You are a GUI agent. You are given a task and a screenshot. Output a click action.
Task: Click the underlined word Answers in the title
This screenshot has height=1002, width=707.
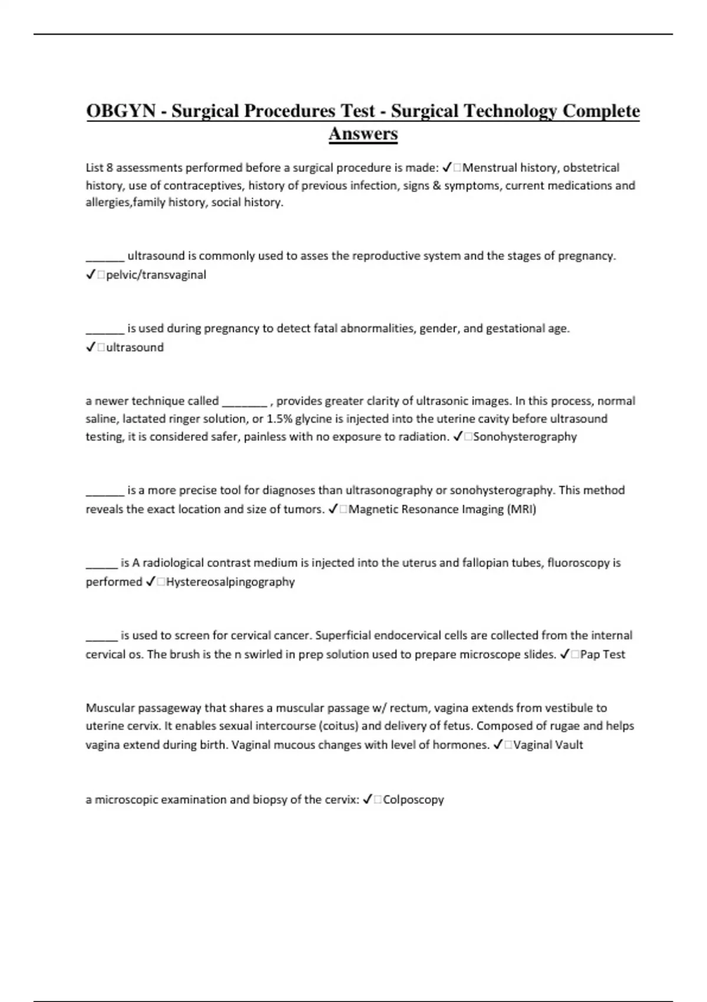point(363,134)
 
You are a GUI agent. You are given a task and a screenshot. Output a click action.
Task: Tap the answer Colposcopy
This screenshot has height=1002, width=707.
point(413,800)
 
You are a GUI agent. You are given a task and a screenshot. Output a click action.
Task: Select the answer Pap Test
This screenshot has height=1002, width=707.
point(602,654)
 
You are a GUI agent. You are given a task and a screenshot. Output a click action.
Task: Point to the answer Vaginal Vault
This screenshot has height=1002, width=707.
point(548,745)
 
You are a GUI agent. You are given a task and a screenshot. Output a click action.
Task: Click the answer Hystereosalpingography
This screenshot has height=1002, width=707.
point(230,582)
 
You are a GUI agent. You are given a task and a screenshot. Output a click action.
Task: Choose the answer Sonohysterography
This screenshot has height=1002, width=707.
point(524,437)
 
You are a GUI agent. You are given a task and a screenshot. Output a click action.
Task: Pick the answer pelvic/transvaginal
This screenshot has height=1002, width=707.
point(156,275)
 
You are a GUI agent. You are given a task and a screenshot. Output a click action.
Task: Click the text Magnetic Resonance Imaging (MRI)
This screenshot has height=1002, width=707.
point(442,509)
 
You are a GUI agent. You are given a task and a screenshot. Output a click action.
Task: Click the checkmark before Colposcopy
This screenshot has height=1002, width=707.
point(368,800)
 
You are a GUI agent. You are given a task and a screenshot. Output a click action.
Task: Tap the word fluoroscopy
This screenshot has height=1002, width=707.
point(579,563)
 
